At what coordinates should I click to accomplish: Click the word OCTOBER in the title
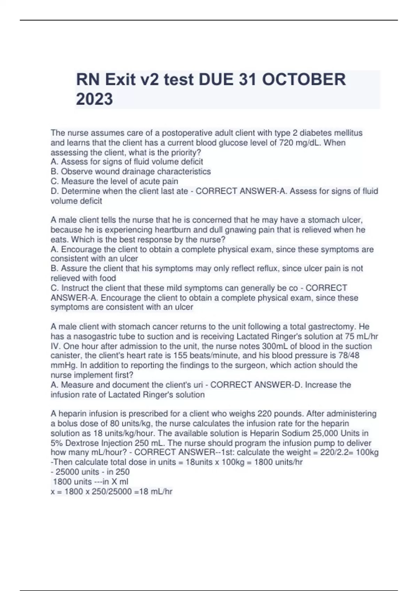(x=304, y=80)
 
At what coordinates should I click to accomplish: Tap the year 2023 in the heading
(x=94, y=99)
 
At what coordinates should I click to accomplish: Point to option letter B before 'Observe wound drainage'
(x=54, y=171)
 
